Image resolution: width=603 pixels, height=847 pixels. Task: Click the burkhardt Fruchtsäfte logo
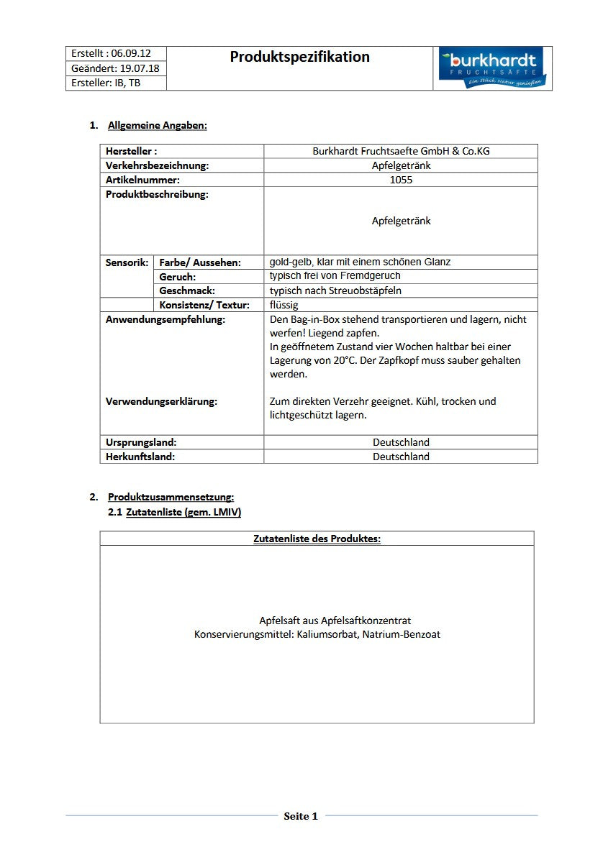[x=492, y=69]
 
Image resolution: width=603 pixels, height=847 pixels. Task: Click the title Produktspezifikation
[x=299, y=57]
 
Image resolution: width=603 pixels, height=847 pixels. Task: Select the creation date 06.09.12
[x=131, y=54]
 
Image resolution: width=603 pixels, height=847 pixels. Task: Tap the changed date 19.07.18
[x=140, y=68]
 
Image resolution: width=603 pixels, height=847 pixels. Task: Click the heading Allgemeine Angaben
[x=157, y=125]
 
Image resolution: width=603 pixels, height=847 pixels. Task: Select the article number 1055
[x=401, y=180]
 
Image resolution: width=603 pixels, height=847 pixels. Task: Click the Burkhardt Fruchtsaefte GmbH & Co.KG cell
[x=401, y=151]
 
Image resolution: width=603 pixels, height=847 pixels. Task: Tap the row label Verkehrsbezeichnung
[x=157, y=165]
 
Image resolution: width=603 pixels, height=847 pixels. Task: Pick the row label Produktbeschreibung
[x=157, y=194]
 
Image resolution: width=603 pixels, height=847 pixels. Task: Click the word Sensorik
[x=127, y=262]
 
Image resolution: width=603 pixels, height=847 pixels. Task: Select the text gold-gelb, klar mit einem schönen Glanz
[x=360, y=262]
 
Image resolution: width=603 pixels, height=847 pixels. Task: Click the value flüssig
[x=284, y=305]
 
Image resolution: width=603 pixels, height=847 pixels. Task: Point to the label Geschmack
[x=187, y=290]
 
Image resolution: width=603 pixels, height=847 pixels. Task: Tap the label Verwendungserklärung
[x=161, y=401]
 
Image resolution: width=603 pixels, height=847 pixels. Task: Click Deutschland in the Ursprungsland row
[x=401, y=442]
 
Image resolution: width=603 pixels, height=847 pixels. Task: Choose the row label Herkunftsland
[x=140, y=457]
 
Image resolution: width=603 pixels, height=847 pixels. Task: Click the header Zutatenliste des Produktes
[x=317, y=539]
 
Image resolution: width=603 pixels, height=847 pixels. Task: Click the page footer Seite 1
[x=301, y=816]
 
